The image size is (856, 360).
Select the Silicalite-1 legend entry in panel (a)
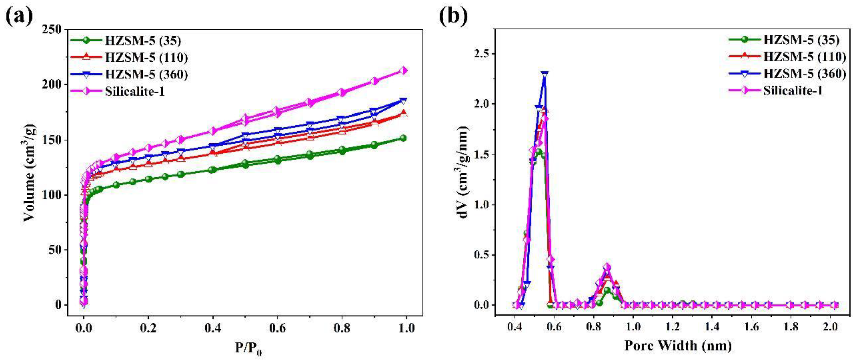135,91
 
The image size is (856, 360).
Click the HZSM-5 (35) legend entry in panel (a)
143,40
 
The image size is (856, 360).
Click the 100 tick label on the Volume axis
52,195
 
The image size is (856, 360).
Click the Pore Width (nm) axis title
678,346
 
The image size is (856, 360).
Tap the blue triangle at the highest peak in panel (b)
544,74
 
